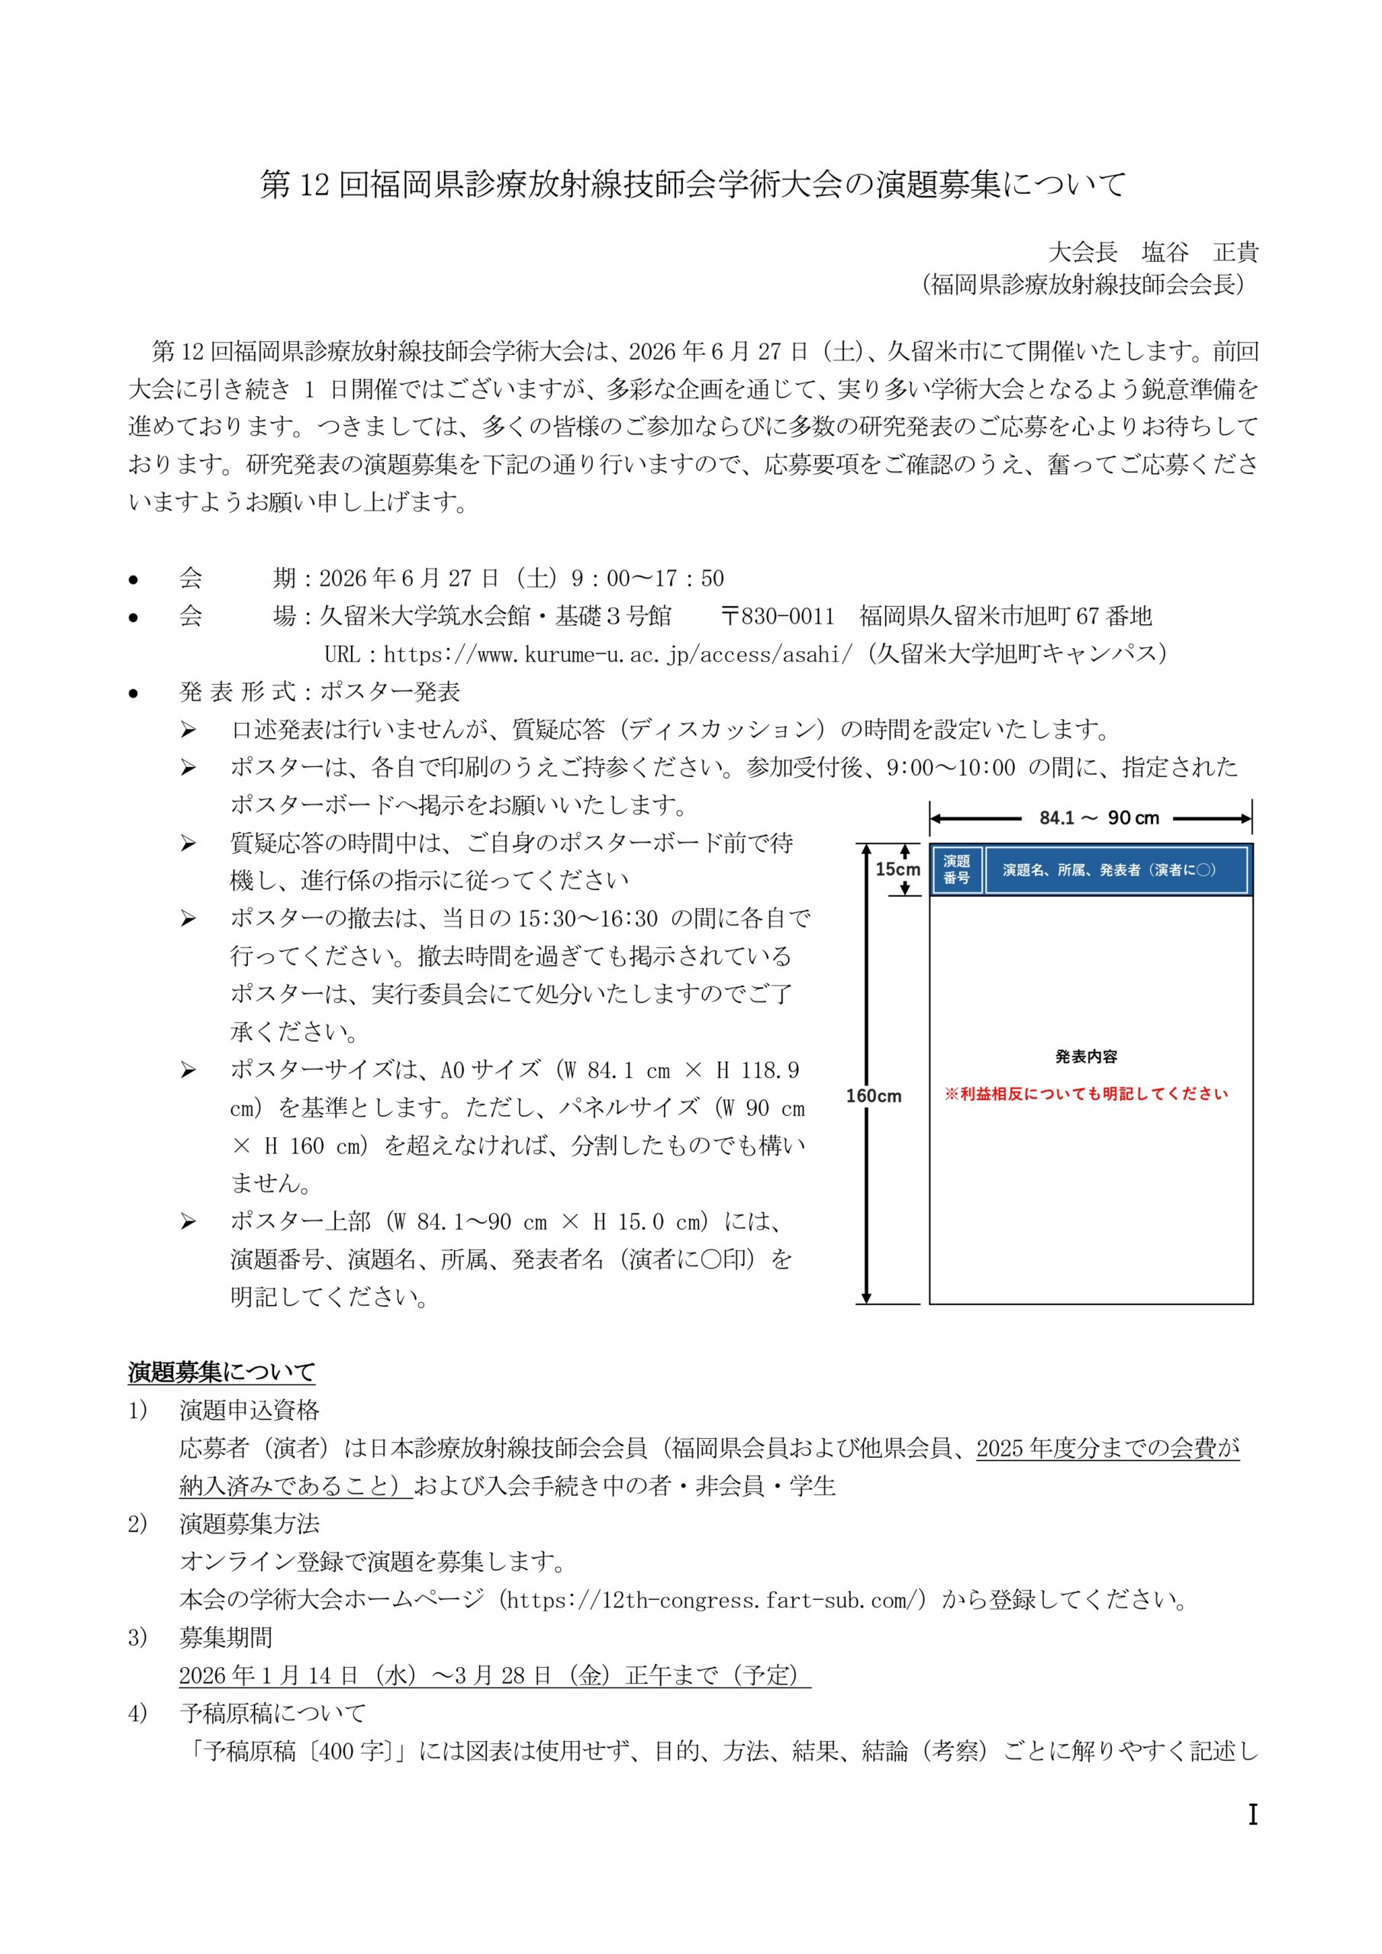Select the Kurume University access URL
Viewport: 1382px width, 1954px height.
point(617,653)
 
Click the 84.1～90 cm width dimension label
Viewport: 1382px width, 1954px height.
point(1098,817)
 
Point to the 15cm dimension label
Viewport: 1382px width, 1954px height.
point(897,869)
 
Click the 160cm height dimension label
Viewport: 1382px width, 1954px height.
point(873,1096)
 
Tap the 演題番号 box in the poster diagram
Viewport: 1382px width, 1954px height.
point(956,870)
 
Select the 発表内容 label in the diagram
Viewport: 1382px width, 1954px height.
point(1086,1056)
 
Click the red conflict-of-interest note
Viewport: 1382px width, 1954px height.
point(1086,1094)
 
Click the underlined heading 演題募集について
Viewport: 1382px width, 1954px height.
point(221,1372)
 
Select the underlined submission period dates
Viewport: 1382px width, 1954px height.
point(494,1675)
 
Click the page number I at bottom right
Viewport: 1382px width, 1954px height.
point(1252,1814)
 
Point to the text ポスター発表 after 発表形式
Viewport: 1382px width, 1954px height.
point(390,691)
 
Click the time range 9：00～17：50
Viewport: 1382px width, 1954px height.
point(647,578)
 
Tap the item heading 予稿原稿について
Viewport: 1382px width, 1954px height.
point(272,1712)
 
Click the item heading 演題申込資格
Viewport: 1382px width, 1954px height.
point(250,1411)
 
